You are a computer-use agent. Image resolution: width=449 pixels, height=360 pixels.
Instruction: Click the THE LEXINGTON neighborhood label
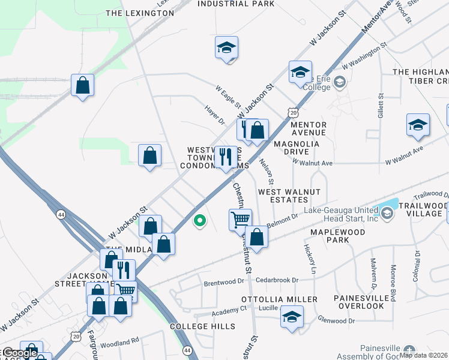click(131, 13)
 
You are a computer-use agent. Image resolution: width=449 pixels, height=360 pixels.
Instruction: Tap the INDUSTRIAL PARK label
click(236, 4)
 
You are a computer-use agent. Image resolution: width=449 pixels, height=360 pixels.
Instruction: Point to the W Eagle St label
click(228, 97)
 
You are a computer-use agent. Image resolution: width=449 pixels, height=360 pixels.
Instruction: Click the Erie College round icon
click(339, 82)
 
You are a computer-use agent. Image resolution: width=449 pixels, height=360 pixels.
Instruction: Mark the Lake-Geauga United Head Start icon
click(387, 213)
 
